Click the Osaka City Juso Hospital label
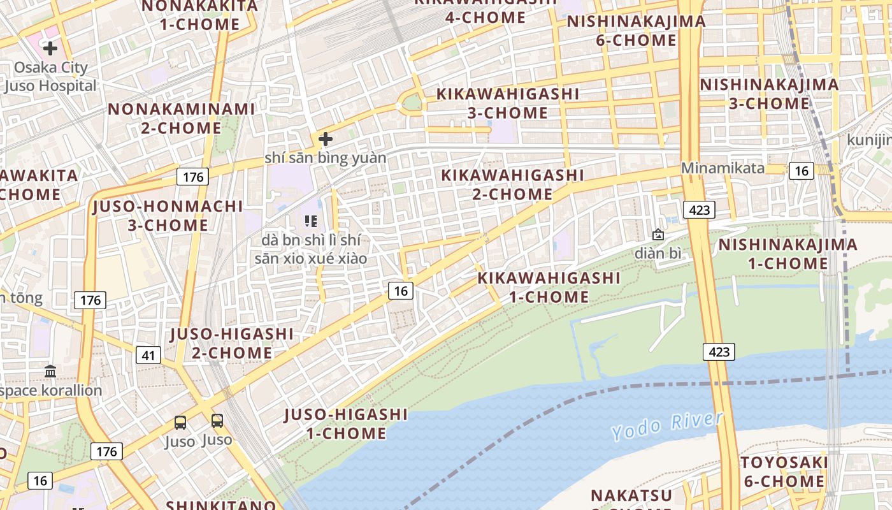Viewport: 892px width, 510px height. (51, 76)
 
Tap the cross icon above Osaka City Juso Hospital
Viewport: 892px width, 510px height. (50, 48)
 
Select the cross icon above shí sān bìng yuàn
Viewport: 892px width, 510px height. (326, 138)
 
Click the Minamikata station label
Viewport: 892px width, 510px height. (723, 168)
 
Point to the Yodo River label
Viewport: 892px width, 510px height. (667, 425)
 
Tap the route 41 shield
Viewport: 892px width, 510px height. (148, 356)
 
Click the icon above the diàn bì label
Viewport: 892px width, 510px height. (658, 235)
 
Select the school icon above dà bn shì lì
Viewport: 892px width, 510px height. (311, 221)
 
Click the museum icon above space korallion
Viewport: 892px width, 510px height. (50, 371)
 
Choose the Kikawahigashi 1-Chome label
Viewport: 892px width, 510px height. (549, 288)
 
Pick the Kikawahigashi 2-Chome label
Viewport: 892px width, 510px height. (512, 184)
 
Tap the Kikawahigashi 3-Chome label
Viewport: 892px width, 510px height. (508, 103)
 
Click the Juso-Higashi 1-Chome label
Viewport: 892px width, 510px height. (346, 424)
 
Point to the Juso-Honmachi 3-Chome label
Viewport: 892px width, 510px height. (168, 215)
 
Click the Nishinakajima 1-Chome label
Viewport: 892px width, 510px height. (788, 254)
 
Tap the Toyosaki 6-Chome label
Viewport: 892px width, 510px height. (784, 472)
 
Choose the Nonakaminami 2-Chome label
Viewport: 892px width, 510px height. (181, 118)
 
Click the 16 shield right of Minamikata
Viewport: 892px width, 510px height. (801, 171)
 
